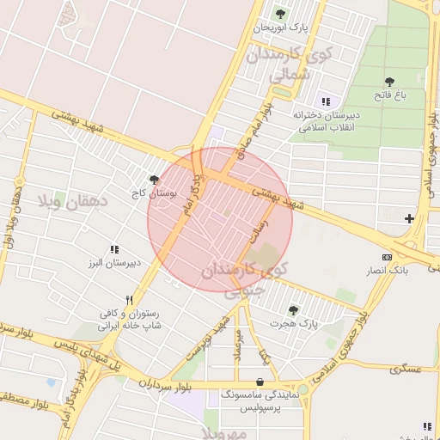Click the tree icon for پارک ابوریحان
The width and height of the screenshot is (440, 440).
(279, 14)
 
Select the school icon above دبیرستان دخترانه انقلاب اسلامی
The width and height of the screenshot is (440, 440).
(326, 101)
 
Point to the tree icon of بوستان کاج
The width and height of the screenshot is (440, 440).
(154, 180)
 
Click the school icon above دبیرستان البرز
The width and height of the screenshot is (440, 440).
(114, 249)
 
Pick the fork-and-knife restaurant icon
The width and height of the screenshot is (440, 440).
(129, 301)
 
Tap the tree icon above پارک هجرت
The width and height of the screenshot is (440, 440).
(293, 310)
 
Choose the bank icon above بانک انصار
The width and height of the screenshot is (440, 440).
(387, 257)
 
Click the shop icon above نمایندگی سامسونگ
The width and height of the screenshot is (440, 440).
(260, 382)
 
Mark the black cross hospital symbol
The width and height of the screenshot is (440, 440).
(409, 218)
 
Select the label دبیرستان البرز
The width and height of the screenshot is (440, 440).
(112, 263)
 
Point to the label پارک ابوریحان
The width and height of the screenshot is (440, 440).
(280, 28)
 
